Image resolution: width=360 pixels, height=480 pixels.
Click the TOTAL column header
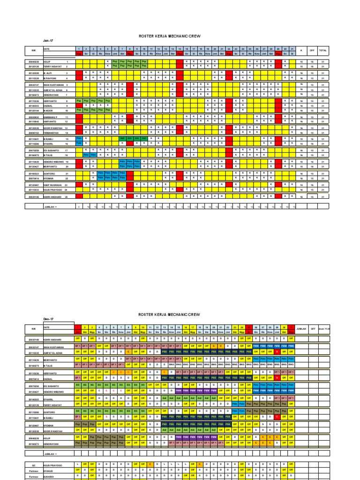point(323,49)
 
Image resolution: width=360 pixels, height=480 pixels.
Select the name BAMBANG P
point(51,117)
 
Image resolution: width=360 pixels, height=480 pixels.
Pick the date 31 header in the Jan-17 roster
point(292,49)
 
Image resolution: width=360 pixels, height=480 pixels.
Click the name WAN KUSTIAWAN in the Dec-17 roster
point(52,347)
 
